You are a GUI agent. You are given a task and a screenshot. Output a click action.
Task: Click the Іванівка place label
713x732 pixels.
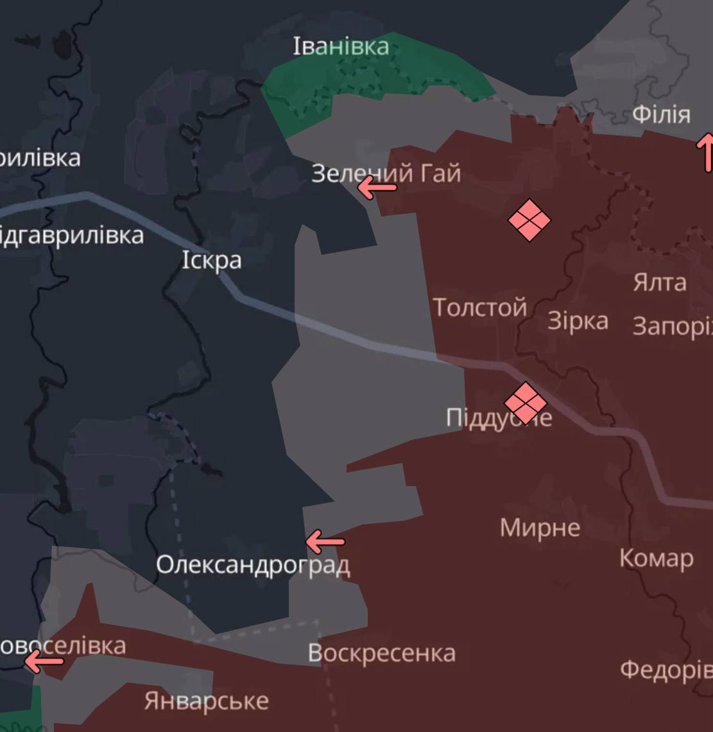click(x=341, y=46)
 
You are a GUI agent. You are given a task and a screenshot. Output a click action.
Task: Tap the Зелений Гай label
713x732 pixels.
click(x=386, y=173)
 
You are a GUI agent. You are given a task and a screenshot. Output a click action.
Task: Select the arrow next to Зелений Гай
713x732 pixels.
click(x=377, y=188)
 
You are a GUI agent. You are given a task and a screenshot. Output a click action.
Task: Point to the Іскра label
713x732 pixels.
click(x=212, y=260)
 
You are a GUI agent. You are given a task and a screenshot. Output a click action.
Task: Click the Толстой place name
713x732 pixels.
click(x=479, y=308)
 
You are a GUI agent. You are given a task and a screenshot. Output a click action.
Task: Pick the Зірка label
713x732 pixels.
click(x=578, y=320)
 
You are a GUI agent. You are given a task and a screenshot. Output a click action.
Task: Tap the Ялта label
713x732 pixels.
click(x=659, y=282)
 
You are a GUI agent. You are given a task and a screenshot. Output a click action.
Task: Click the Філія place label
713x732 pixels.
click(x=661, y=115)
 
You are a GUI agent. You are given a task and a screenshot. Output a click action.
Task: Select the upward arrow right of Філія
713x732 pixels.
click(x=705, y=152)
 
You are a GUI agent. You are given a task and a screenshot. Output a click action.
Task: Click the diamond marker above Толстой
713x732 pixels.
click(x=529, y=220)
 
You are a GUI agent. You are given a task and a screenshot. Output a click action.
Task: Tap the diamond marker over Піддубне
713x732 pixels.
click(x=526, y=403)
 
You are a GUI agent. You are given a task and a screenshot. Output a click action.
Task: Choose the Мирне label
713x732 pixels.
click(x=540, y=528)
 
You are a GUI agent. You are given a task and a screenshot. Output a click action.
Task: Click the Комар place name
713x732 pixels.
click(x=656, y=558)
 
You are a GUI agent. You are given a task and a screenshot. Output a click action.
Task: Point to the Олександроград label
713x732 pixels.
click(x=253, y=565)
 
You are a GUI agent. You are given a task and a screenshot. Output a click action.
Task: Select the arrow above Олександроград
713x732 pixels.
click(x=325, y=542)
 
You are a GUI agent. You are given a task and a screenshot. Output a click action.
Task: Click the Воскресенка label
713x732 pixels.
click(x=381, y=653)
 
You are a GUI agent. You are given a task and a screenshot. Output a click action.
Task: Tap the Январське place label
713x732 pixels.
click(x=206, y=700)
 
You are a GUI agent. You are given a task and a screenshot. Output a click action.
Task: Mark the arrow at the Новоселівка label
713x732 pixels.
click(x=44, y=661)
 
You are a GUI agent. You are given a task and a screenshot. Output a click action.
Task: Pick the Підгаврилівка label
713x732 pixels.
click(x=71, y=235)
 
